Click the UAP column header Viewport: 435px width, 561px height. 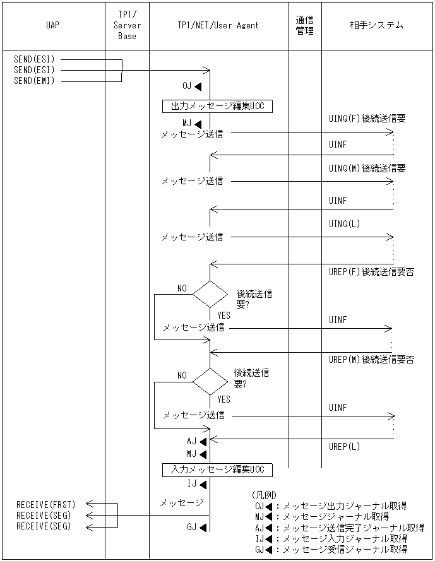[x=53, y=26]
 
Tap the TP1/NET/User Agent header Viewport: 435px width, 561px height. [x=218, y=26]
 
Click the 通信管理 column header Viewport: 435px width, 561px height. [x=305, y=26]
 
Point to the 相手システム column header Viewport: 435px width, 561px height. [x=377, y=26]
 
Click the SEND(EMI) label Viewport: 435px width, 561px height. [x=34, y=81]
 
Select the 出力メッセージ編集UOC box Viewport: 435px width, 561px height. [x=217, y=106]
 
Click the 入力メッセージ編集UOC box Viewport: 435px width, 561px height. [x=217, y=469]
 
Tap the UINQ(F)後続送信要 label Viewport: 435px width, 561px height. [x=367, y=119]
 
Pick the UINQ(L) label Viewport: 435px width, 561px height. [x=345, y=223]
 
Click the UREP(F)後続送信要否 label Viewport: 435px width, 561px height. [x=371, y=272]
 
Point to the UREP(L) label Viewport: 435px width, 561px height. [x=345, y=447]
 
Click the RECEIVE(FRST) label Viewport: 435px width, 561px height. [x=45, y=504]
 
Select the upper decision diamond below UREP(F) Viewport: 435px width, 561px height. [x=210, y=294]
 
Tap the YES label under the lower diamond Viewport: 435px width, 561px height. [x=223, y=399]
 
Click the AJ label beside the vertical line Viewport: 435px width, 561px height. [x=192, y=441]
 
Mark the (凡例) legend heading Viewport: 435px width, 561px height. [x=264, y=495]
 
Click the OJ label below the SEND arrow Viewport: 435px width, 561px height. [x=188, y=86]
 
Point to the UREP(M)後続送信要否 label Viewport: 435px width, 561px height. [x=371, y=360]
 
